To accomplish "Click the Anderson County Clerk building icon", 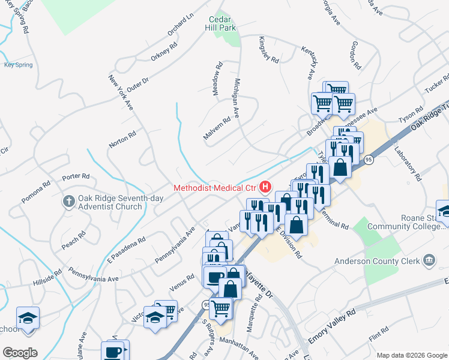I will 429,260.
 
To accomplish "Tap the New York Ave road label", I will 121,92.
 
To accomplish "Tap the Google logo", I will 20,352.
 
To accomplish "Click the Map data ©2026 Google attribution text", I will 411,355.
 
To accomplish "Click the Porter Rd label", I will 76,176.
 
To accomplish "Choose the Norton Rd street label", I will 122,140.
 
